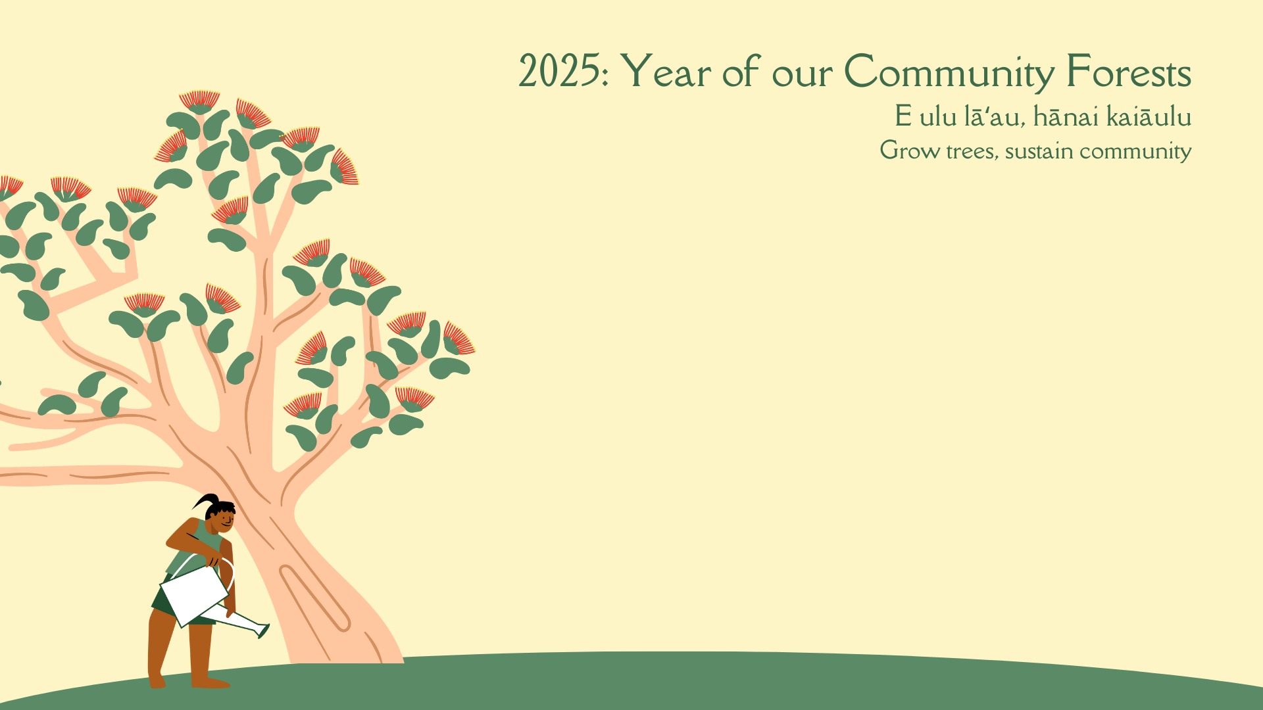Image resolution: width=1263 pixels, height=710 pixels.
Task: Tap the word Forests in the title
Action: coord(1129,72)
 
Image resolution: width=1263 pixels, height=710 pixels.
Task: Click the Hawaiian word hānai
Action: coord(1066,116)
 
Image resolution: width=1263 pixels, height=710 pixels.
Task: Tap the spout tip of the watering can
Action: coord(263,632)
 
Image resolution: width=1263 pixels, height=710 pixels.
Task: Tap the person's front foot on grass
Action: coord(210,683)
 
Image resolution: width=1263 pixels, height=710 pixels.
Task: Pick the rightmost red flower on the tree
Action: coord(458,339)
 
